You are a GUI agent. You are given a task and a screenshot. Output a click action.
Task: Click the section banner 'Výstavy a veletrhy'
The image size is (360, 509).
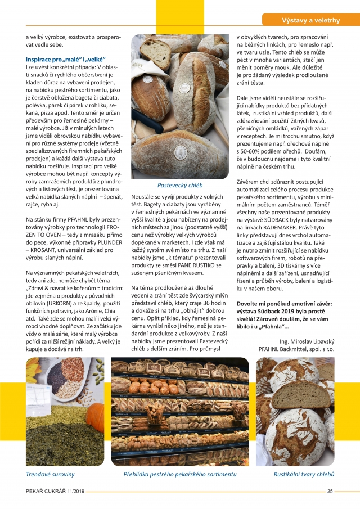(x=310, y=21)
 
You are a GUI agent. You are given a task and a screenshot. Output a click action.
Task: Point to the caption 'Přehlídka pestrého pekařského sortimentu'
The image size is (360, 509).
(x=180, y=475)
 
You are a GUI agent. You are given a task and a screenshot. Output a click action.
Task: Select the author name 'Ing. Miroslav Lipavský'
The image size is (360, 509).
(x=306, y=341)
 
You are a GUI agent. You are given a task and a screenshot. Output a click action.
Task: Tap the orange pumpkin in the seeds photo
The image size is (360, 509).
(x=96, y=415)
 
